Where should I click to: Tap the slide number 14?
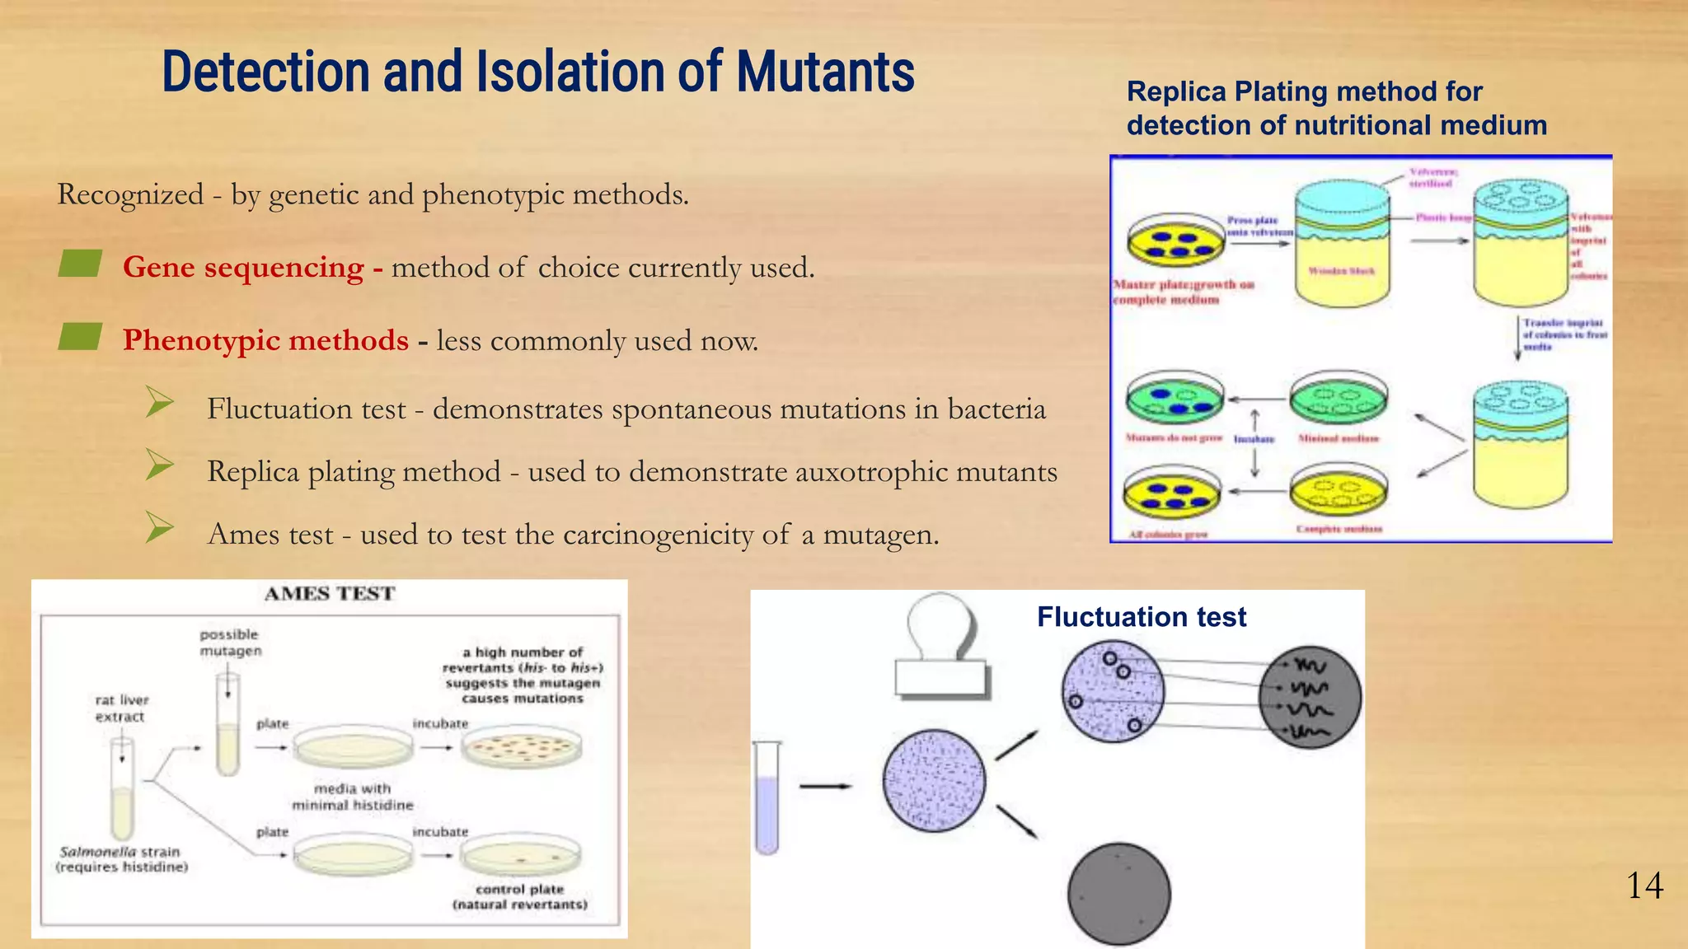[1644, 886]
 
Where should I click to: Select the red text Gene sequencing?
[243, 268]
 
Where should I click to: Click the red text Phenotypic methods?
[265, 340]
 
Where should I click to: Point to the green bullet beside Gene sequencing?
[80, 264]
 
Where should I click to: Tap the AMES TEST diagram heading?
[330, 594]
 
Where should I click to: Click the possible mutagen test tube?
[227, 725]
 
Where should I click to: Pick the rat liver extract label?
[121, 708]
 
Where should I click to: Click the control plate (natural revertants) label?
[519, 897]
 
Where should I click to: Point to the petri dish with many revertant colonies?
[521, 746]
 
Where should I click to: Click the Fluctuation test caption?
[1141, 617]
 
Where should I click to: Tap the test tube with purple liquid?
[767, 797]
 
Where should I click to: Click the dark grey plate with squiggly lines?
[1309, 698]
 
